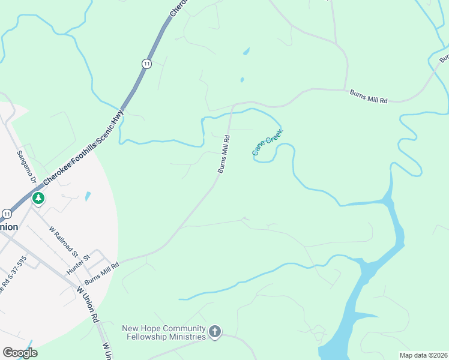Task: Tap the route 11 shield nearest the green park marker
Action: (7, 214)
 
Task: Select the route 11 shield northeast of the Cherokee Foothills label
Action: (146, 63)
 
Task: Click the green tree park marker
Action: (38, 197)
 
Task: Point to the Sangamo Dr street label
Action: (26, 167)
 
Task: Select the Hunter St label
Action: (78, 265)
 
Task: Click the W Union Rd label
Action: (87, 304)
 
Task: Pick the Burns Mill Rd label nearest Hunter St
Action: (102, 272)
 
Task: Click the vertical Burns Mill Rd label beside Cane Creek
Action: (223, 154)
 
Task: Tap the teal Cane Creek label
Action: (268, 142)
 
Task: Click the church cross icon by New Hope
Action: (215, 331)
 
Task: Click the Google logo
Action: (20, 353)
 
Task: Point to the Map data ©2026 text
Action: (423, 355)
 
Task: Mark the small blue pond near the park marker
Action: (88, 196)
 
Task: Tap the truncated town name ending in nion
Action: (9, 227)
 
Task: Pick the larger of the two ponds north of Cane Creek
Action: (246, 52)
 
